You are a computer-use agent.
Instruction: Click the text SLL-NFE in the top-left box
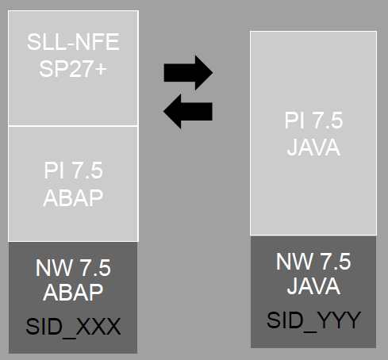pos(72,41)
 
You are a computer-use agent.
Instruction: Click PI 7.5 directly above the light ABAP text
pos(73,170)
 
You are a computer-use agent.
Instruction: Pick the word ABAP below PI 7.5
pos(73,197)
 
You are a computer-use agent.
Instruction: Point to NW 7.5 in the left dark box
pos(72,266)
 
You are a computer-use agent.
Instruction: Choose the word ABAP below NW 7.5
pos(73,291)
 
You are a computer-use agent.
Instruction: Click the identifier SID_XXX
pos(72,326)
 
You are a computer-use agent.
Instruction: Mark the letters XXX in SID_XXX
pos(96,326)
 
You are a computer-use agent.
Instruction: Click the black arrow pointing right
pos(187,74)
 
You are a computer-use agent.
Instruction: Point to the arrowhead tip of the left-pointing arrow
pos(164,111)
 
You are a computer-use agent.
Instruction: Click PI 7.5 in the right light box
pos(313,121)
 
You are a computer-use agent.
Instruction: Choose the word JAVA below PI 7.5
pos(313,147)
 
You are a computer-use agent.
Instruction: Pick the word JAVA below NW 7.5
pos(313,285)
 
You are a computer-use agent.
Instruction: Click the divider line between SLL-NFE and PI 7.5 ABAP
pos(72,125)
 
